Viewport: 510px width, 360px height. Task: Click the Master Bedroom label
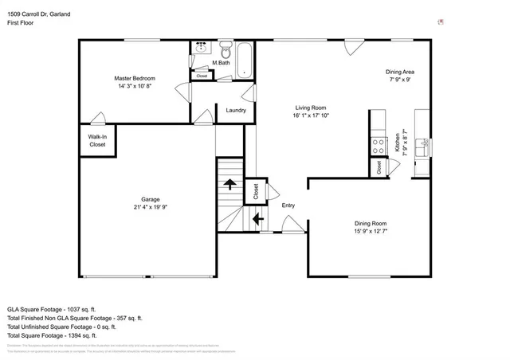click(134, 78)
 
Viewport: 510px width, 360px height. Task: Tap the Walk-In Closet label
click(97, 141)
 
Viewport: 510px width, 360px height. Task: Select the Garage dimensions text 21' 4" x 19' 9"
click(151, 207)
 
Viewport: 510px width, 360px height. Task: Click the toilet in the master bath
click(226, 46)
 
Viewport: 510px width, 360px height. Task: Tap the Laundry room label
click(235, 110)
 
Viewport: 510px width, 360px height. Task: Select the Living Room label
click(310, 108)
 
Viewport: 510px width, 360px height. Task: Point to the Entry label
click(288, 205)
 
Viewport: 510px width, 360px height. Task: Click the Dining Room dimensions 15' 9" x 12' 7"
click(371, 232)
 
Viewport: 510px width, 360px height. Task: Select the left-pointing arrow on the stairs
click(257, 218)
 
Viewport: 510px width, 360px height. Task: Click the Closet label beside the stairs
click(256, 192)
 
